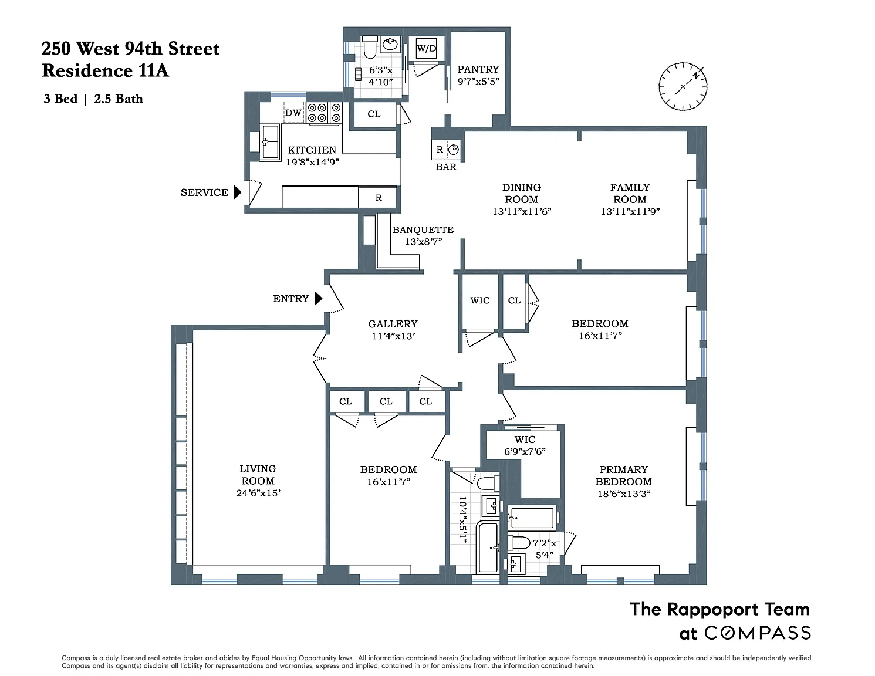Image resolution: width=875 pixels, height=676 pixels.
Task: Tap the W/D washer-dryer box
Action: [x=426, y=49]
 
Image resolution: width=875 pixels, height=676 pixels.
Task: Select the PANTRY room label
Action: [x=478, y=69]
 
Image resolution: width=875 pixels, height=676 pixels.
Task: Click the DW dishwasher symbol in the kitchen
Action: [x=293, y=113]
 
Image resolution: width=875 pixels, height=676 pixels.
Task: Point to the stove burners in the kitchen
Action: [x=324, y=113]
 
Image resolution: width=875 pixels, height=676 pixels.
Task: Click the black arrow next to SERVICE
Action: [x=238, y=192]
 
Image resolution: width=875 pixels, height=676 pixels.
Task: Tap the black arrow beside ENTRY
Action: [x=318, y=298]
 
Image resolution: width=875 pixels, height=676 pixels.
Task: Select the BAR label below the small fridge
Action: [x=446, y=167]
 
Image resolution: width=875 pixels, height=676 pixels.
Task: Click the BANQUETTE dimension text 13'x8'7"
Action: [x=423, y=242]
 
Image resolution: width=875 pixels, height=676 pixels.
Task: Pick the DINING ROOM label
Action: [x=522, y=193]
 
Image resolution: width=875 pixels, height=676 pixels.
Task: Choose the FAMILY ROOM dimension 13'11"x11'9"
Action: [x=630, y=211]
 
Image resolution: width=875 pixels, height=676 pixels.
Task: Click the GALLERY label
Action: [x=393, y=324]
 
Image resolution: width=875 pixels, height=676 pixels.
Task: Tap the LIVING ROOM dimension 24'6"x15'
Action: [x=258, y=493]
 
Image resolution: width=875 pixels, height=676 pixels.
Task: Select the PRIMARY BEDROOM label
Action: [x=623, y=475]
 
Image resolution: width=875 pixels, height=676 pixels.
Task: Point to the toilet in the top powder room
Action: [x=370, y=47]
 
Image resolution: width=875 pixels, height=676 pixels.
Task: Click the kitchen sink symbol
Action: [x=270, y=142]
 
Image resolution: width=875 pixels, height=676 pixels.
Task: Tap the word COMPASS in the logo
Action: [x=757, y=633]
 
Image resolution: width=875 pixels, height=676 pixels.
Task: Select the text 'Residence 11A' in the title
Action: [x=105, y=70]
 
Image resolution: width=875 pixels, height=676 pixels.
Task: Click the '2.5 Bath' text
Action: [x=119, y=99]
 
